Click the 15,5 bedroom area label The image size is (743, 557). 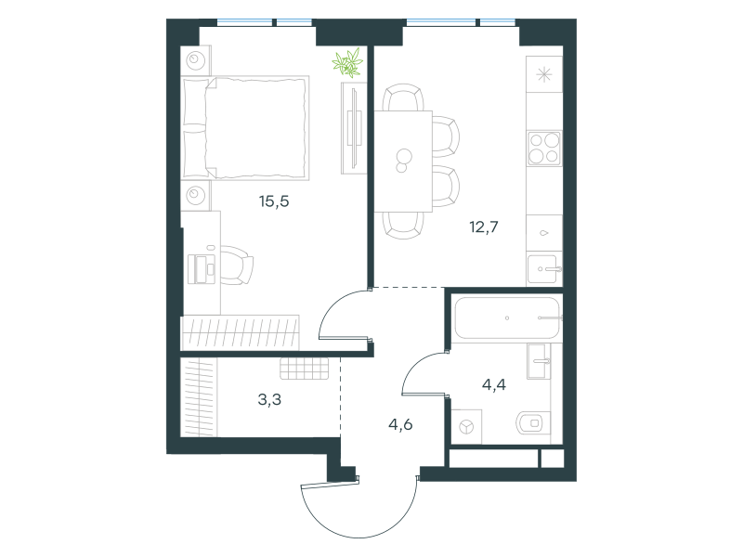[x=274, y=201]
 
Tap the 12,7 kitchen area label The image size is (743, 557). [x=484, y=227]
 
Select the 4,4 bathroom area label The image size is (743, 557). [x=494, y=384]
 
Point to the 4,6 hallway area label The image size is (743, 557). [x=400, y=425]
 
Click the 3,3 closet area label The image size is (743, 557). [x=269, y=400]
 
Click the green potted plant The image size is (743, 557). [x=347, y=63]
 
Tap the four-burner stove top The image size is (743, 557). [x=544, y=149]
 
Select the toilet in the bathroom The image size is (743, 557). [x=532, y=423]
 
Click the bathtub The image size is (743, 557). [x=506, y=317]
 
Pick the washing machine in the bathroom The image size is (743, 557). [x=467, y=427]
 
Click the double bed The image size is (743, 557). [x=246, y=128]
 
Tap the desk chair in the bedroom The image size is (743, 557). [x=236, y=266]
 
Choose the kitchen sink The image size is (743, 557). [x=543, y=269]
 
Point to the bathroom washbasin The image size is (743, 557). [x=539, y=361]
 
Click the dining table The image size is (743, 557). [x=403, y=161]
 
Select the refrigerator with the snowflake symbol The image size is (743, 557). [x=544, y=74]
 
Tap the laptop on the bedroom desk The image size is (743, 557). [x=202, y=269]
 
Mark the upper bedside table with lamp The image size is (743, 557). [x=196, y=60]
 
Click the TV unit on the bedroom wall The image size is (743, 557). [x=354, y=128]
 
